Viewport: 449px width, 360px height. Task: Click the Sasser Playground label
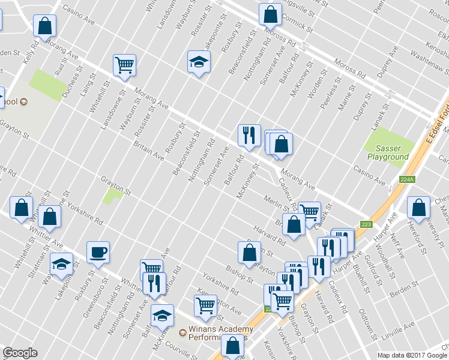point(388,152)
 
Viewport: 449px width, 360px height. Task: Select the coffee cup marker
point(98,252)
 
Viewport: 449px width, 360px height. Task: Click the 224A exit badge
point(406,179)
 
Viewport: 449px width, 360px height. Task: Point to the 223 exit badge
point(366,224)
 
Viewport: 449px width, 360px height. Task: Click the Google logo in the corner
point(20,353)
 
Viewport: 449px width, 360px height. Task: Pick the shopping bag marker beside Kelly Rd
point(44,26)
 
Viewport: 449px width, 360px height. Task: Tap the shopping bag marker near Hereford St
point(418,208)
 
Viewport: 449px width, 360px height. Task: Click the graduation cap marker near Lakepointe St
point(199,62)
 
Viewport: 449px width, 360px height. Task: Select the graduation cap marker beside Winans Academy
point(161,315)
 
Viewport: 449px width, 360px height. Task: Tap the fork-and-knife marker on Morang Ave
point(249,136)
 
